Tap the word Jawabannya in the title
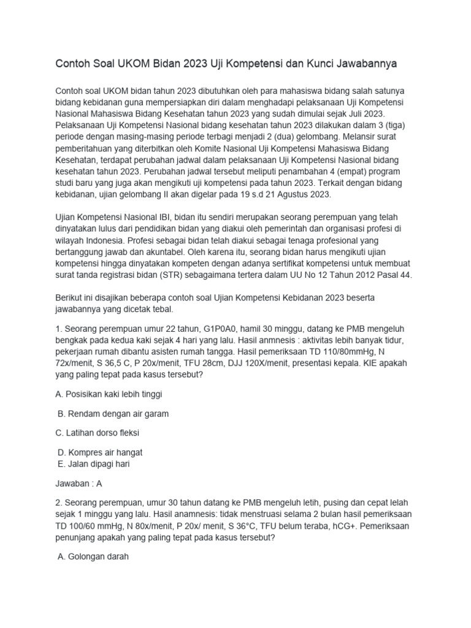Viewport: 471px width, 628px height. click(x=373, y=63)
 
